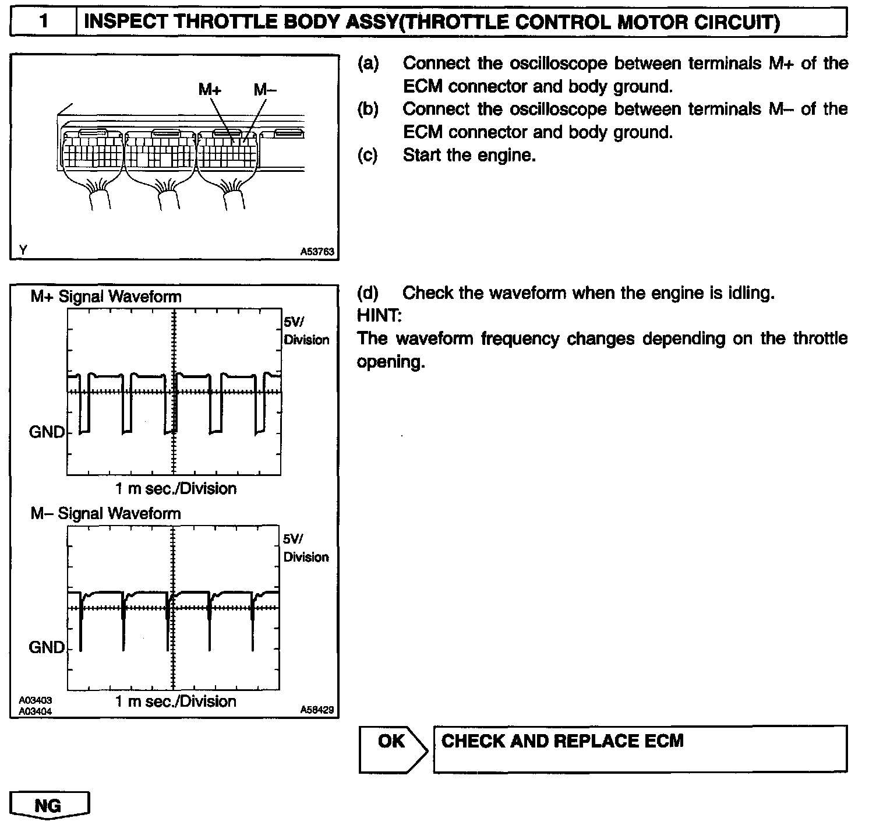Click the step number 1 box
coord(44,23)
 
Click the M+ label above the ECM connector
coord(210,89)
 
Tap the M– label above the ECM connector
coord(266,89)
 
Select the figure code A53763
coord(317,252)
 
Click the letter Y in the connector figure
coord(23,251)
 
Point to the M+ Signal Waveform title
coord(106,297)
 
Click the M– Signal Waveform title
coord(105,513)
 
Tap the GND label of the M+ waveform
coord(47,432)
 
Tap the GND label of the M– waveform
coord(47,647)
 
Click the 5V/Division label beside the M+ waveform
coord(306,331)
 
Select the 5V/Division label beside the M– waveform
coord(306,548)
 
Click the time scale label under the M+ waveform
coord(175,488)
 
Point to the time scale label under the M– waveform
coord(175,701)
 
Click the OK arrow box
coord(391,749)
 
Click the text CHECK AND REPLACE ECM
coord(562,741)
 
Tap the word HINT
coord(379,315)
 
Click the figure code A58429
coord(317,710)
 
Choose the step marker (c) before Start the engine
coord(368,156)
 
